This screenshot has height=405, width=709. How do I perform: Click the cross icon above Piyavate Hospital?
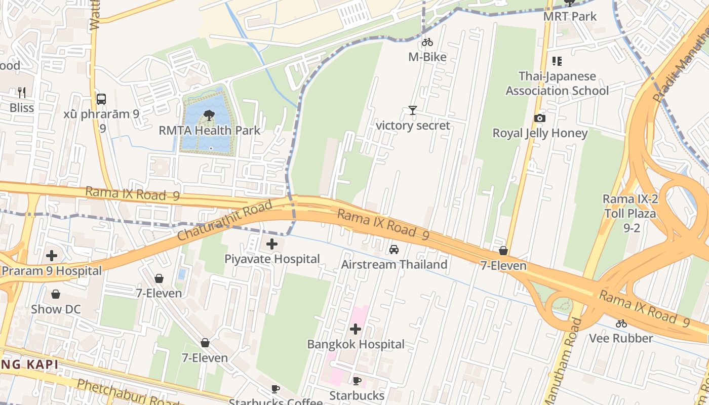272,245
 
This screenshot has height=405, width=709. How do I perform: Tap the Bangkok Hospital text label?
356,344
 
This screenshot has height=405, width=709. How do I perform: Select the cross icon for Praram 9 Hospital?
51,256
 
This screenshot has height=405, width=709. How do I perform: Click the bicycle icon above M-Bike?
427,43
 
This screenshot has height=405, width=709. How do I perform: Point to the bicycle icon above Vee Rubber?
621,323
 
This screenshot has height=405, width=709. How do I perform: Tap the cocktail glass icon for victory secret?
413,110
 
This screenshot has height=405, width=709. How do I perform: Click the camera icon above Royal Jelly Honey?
540,118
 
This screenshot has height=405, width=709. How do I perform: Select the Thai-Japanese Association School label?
557,84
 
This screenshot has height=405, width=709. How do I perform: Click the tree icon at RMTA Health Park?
209,115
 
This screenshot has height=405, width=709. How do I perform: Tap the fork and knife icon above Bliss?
22,93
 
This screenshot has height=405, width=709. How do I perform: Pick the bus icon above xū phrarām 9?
101,99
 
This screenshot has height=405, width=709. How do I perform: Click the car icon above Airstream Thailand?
393,250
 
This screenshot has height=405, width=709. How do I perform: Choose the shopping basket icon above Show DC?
56,294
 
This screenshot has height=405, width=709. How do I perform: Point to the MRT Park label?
570,16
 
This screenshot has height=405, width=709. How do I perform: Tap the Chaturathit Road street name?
225,220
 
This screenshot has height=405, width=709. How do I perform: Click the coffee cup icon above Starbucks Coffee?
275,389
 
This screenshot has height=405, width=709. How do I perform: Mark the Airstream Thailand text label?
394,264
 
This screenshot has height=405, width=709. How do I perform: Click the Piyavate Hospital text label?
272,259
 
